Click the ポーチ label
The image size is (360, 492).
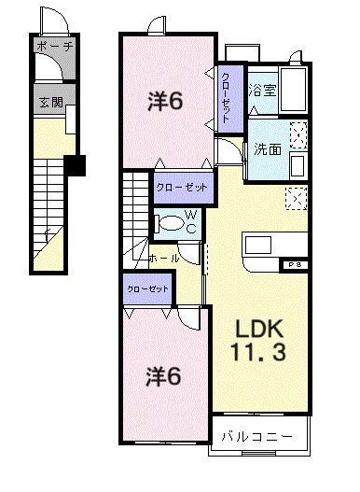(54, 46)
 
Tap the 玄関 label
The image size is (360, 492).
(51, 103)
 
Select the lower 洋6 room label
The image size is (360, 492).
(161, 376)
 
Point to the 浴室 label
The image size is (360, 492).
(262, 91)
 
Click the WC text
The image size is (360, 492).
(190, 222)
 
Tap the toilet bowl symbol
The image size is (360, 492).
(170, 223)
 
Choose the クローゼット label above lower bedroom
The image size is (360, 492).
(147, 289)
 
